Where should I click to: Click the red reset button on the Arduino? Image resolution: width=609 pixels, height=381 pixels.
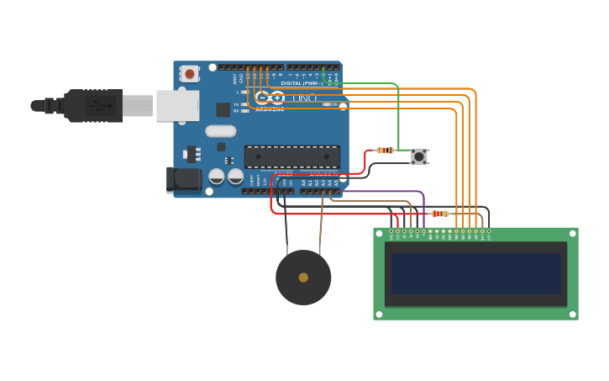click(x=190, y=74)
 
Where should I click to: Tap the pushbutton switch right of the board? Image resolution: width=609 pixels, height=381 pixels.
click(x=418, y=156)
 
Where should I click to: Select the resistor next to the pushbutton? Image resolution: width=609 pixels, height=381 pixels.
click(x=386, y=151)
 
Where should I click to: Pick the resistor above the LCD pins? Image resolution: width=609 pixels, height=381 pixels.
click(x=439, y=214)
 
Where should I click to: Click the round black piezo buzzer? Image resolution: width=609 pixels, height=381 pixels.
click(x=303, y=278)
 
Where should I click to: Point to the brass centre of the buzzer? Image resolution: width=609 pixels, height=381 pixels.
click(x=303, y=278)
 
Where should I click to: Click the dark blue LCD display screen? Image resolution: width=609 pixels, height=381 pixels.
click(x=475, y=273)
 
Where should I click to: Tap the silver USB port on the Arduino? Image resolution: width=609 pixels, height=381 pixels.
click(x=177, y=106)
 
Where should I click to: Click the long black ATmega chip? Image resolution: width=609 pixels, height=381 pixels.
click(x=292, y=156)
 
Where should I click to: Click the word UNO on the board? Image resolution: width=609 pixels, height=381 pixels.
click(x=305, y=98)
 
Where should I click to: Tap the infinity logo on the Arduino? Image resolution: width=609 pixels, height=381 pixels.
click(x=270, y=98)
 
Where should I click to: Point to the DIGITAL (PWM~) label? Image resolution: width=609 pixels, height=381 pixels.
click(x=302, y=83)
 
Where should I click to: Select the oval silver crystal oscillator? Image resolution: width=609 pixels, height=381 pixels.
click(x=220, y=130)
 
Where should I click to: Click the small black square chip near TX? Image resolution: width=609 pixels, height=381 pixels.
click(x=223, y=109)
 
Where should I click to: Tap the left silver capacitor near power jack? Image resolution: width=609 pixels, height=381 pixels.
click(x=217, y=177)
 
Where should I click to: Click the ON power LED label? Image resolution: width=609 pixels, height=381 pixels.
click(x=333, y=104)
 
